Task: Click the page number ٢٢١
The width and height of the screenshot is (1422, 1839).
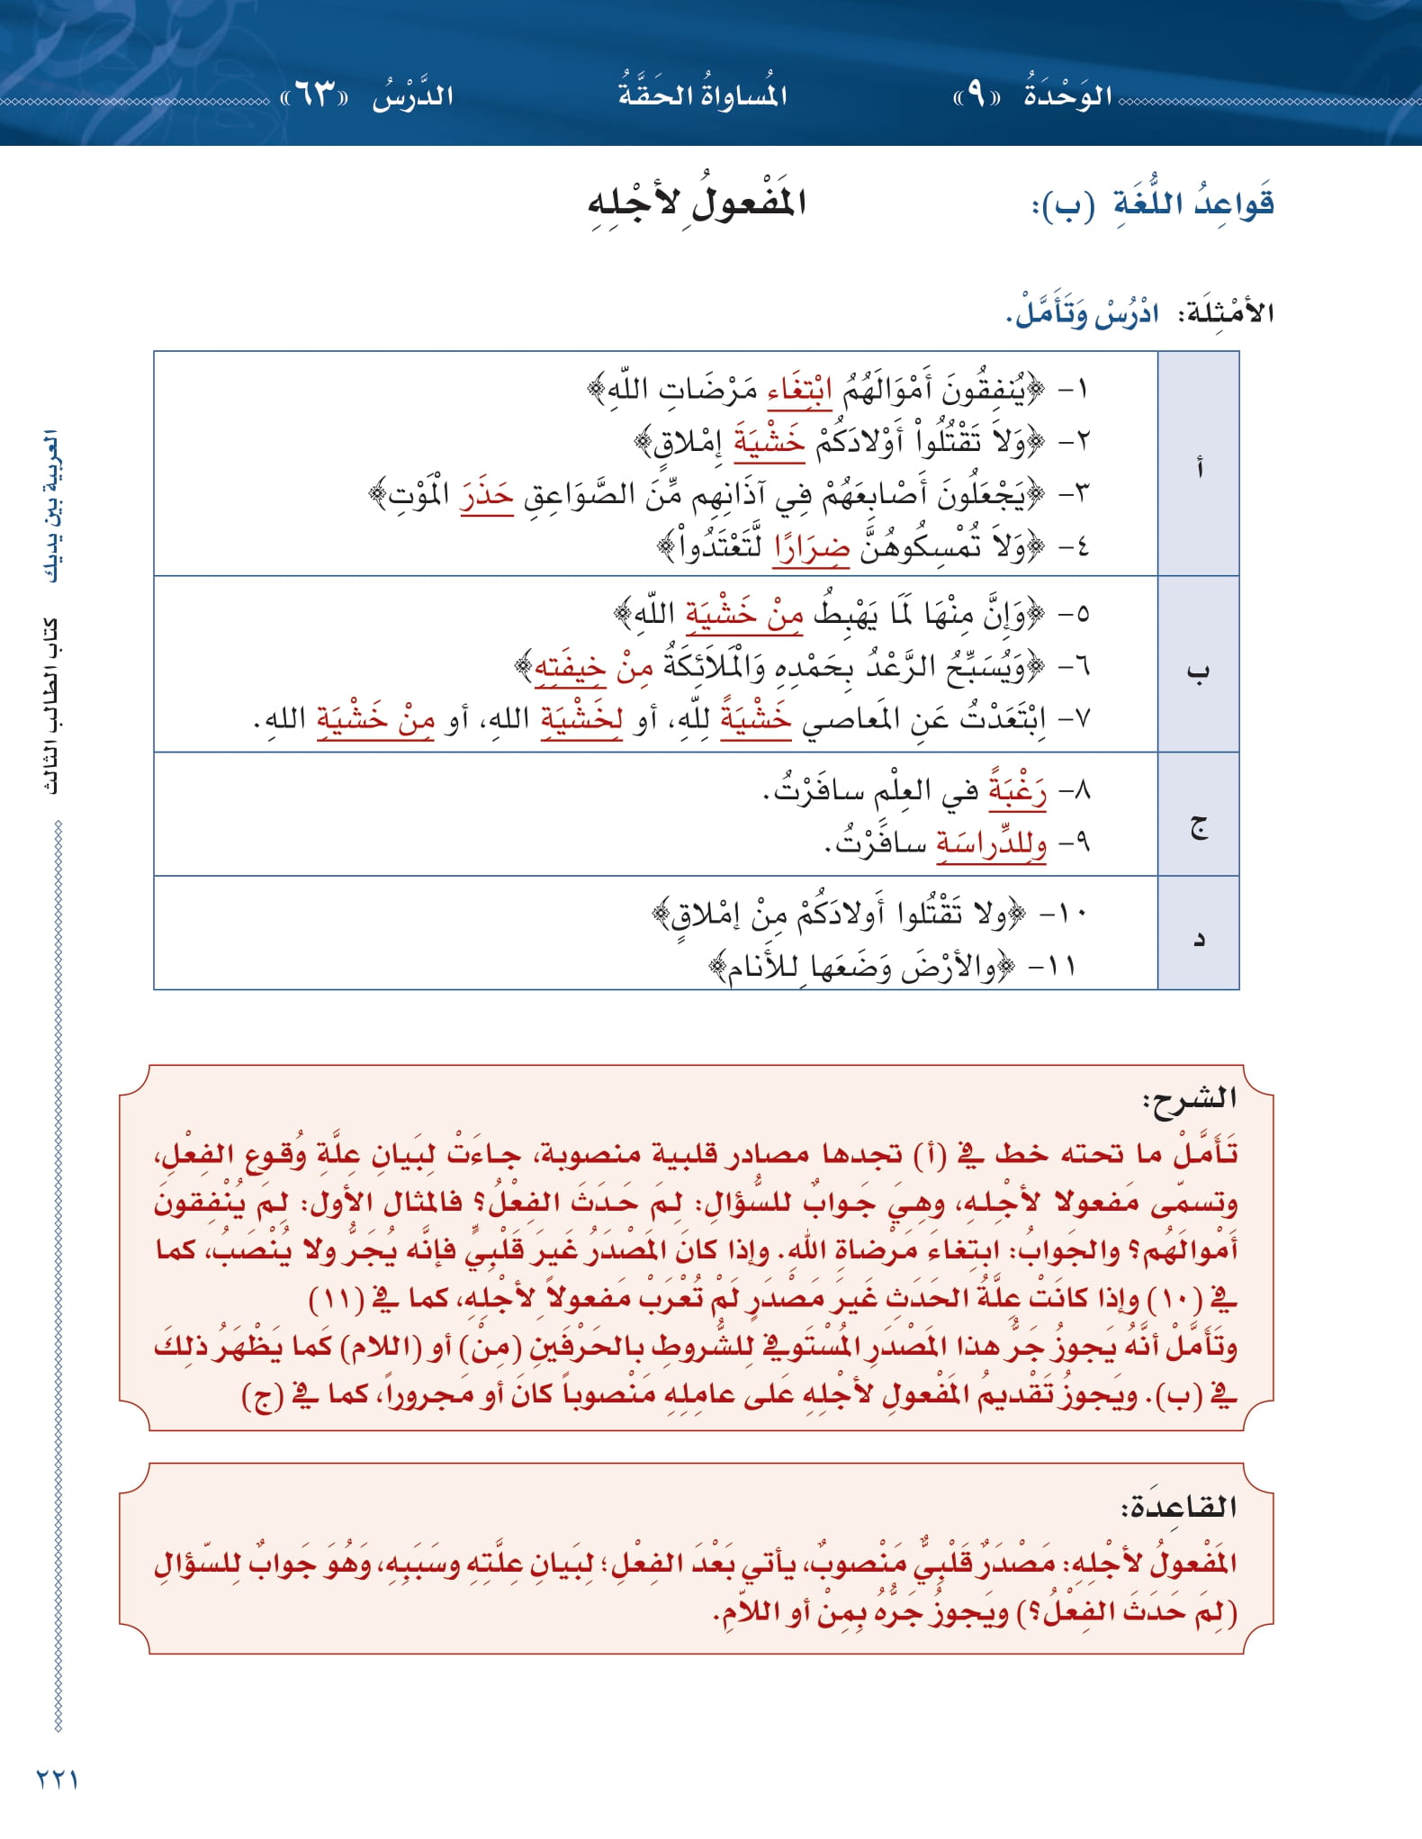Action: click(x=57, y=1779)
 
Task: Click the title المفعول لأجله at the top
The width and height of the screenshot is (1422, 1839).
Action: click(x=697, y=203)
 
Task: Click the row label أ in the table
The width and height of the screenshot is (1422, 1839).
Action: click(x=1198, y=466)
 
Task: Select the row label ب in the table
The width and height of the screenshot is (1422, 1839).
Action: click(x=1198, y=671)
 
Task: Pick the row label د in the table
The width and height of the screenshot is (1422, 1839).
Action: click(x=1198, y=939)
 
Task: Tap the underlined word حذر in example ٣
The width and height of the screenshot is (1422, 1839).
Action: click(x=486, y=495)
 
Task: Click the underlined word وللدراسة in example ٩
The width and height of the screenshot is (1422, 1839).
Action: click(x=991, y=843)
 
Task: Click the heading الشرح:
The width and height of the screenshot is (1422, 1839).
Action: click(x=1189, y=1098)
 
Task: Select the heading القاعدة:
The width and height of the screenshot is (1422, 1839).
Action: click(x=1178, y=1507)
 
